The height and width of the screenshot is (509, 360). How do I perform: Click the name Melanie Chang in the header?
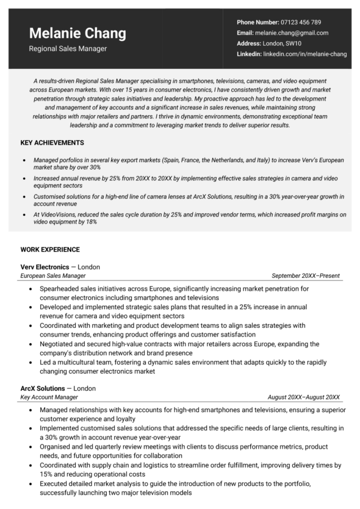pos(77,33)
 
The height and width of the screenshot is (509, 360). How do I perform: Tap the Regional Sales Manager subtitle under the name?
pos(68,49)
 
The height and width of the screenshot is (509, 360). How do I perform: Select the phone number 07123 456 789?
pos(300,22)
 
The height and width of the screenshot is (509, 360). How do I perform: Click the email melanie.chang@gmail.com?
pos(292,33)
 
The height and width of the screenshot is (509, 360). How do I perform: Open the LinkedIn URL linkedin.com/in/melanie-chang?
pos(304,54)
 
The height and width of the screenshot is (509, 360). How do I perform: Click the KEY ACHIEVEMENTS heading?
pos(52,143)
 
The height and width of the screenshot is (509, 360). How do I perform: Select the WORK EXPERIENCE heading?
pos(50,249)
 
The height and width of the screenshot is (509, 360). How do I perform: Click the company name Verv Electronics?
pos(45,267)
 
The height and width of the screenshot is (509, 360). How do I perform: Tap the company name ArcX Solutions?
pos(43,388)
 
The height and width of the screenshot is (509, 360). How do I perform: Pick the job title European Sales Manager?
pos(52,276)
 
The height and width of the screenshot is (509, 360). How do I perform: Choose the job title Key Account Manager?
pos(49,397)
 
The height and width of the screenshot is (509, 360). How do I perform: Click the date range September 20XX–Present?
pos(305,276)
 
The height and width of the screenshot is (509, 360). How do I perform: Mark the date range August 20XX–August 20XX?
pos(303,397)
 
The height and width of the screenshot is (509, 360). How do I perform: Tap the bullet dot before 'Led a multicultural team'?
pos(31,361)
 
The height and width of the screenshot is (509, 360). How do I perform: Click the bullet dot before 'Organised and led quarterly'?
pos(31,447)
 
